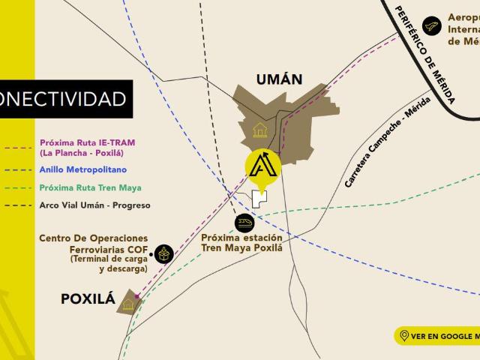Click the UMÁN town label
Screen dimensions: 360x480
tap(279, 78)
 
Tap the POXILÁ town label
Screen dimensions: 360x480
tap(88, 299)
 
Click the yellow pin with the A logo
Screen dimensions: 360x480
tap(263, 166)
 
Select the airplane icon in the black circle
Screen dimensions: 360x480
tap(430, 25)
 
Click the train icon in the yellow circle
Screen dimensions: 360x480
tap(246, 223)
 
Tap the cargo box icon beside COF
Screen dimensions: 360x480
tap(163, 253)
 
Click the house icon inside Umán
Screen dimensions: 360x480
tap(259, 130)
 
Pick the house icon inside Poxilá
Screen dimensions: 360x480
tap(128, 304)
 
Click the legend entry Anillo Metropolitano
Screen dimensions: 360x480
tap(83, 170)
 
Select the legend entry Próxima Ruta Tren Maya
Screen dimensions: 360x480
tap(89, 187)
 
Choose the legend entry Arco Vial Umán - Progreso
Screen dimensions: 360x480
tap(94, 205)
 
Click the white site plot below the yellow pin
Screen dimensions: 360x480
tap(259, 198)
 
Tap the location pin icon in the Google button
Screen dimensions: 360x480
tap(404, 336)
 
